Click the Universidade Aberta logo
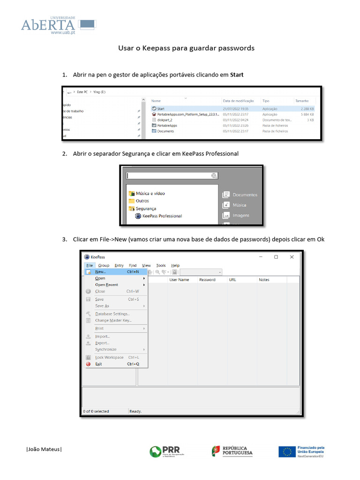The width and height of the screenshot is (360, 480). [x=58, y=25]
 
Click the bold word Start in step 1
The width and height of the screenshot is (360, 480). [x=237, y=75]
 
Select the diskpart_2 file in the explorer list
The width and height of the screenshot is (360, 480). [x=165, y=120]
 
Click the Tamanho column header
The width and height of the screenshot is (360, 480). [x=302, y=101]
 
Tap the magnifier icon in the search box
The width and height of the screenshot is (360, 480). [x=214, y=176]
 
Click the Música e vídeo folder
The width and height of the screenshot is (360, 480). [x=150, y=193]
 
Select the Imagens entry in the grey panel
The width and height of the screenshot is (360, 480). [x=240, y=216]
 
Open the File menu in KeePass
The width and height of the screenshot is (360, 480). [x=90, y=265]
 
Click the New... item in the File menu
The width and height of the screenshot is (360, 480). [x=100, y=271]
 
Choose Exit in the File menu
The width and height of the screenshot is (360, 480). [x=98, y=364]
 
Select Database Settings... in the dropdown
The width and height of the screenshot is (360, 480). [x=112, y=314]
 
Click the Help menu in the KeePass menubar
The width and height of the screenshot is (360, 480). [x=175, y=265]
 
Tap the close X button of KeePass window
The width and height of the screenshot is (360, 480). [x=292, y=257]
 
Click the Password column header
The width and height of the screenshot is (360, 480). [x=207, y=280]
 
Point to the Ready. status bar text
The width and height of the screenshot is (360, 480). [x=135, y=411]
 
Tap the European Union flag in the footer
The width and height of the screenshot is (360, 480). [x=286, y=451]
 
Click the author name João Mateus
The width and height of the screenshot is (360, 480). [x=44, y=449]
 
